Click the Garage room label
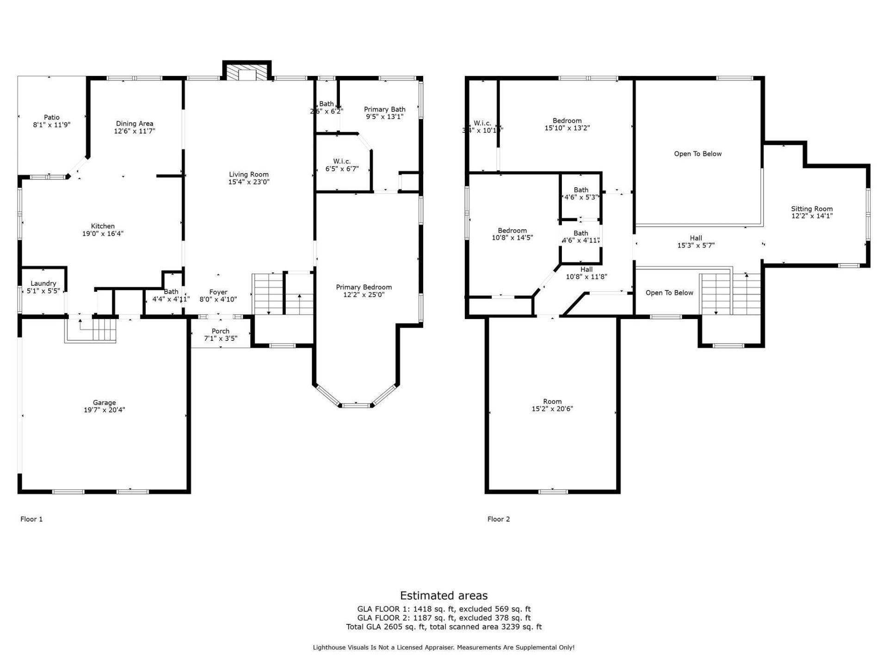point(104,402)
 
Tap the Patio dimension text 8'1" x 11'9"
point(52,125)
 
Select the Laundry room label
point(43,284)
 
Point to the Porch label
point(221,331)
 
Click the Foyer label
point(218,292)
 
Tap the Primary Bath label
point(384,110)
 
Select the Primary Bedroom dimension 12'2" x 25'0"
point(364,295)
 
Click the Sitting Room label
point(812,209)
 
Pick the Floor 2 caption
point(499,519)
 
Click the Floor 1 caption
point(31,519)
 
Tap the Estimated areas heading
point(444,595)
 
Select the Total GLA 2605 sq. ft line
point(444,627)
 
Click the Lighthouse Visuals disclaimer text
point(444,647)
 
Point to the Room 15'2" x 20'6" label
point(552,405)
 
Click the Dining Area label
point(135,123)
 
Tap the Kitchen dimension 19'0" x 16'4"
point(103,234)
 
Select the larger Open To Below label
point(697,154)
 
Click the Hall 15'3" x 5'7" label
point(696,242)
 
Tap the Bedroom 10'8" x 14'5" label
point(512,234)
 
